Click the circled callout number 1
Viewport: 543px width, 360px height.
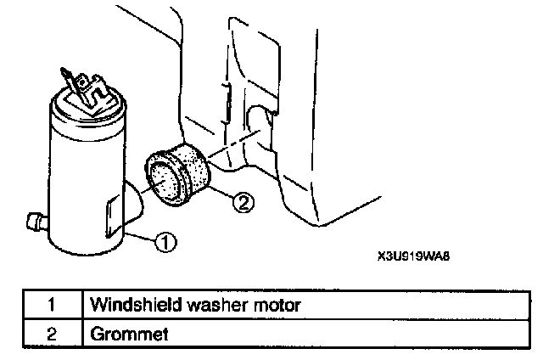pos(167,244)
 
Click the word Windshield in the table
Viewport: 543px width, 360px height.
pos(128,302)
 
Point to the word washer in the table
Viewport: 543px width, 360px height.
pos(201,302)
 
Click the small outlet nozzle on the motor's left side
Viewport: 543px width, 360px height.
pos(35,224)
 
